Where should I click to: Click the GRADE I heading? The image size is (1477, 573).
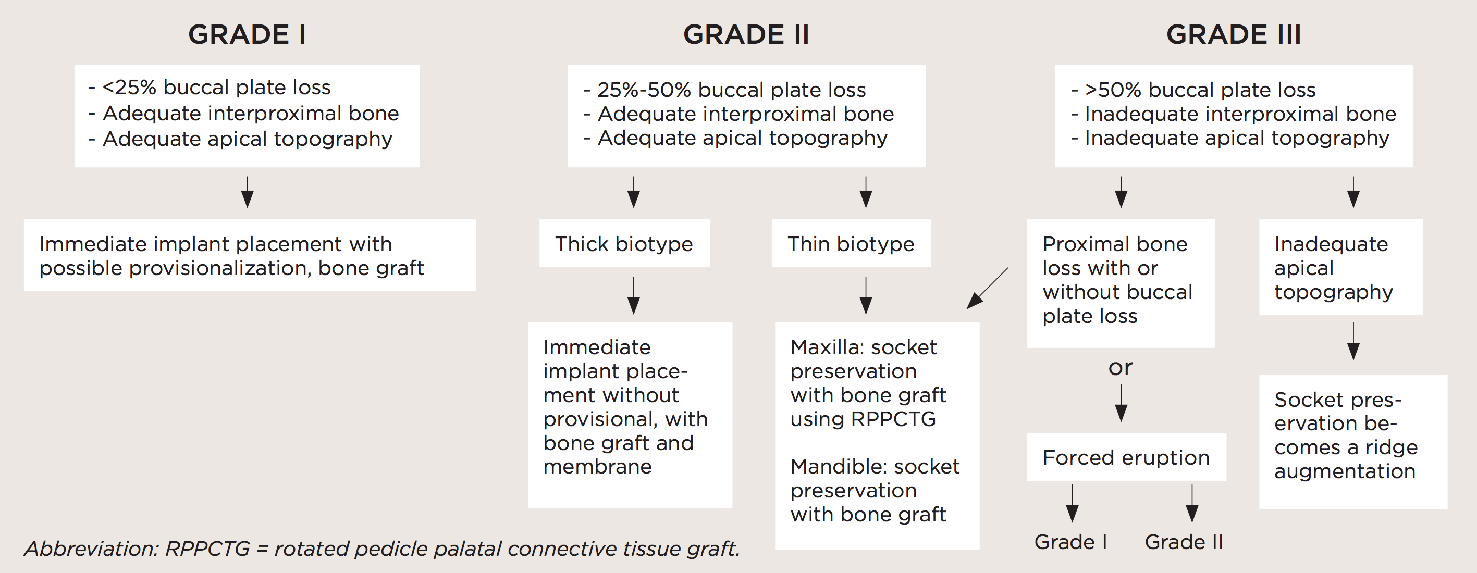(247, 34)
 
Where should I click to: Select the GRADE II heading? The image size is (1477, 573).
(746, 34)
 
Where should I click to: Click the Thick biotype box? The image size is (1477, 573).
(624, 244)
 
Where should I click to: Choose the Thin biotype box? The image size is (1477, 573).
(851, 244)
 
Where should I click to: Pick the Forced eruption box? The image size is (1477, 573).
(1126, 457)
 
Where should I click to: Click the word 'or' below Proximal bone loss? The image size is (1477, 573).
(1121, 367)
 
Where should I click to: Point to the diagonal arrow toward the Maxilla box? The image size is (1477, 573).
(987, 288)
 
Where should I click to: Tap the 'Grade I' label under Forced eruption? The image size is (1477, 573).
(1070, 542)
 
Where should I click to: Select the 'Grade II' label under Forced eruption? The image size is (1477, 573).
(1184, 542)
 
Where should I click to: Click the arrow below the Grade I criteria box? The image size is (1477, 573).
(247, 192)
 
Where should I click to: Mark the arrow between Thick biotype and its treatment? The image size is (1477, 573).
(634, 295)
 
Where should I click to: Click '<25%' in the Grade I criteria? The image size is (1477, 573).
(129, 87)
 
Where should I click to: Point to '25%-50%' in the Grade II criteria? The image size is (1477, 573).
(644, 90)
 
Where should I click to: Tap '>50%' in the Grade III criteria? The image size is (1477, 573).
(1112, 90)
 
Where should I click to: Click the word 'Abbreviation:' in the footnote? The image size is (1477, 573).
(91, 549)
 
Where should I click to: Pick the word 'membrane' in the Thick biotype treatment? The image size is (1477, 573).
(597, 466)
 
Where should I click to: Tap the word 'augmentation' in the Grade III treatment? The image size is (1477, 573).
(1345, 471)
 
